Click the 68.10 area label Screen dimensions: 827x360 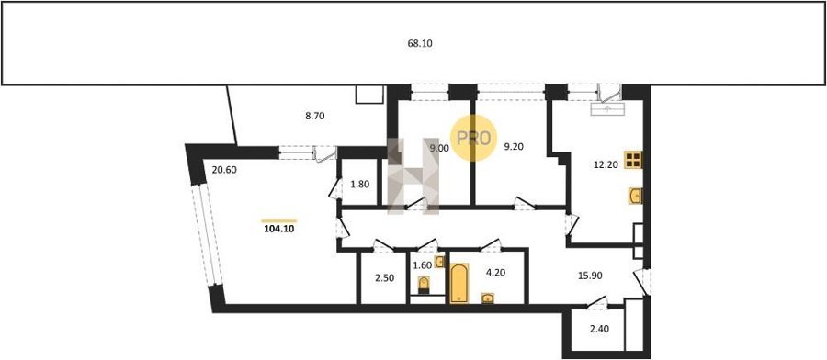pos(420,44)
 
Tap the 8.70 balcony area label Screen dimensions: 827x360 pos(315,116)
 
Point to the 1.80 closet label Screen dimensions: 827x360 pos(360,185)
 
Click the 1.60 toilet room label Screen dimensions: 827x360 pos(422,265)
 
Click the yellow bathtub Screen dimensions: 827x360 pos(459,284)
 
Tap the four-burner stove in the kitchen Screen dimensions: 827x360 pos(633,160)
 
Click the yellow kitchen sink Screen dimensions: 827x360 pos(635,196)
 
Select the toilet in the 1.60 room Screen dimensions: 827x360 pos(424,286)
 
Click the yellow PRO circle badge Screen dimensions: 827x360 pos(473,138)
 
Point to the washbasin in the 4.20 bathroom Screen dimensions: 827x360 pos(488,298)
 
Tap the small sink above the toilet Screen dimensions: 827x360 pos(440,262)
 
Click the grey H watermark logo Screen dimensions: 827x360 pos(413,176)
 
